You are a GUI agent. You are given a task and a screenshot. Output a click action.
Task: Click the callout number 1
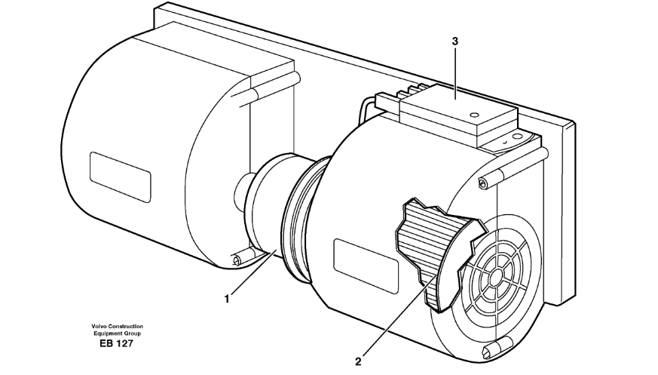coord(228,298)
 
